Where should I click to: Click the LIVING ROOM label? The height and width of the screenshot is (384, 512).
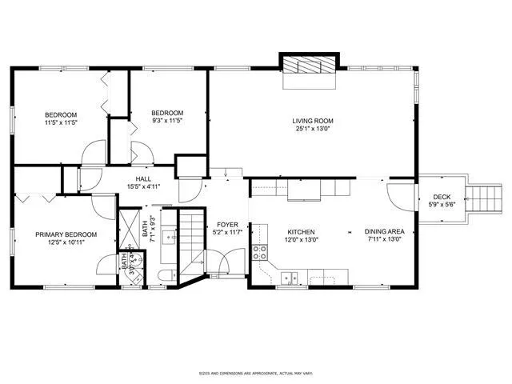pos(312,120)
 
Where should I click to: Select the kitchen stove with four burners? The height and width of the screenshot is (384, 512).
pos(260,253)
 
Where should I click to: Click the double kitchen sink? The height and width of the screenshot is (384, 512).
pos(289,278)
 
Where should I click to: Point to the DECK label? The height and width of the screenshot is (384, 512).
pos(442,197)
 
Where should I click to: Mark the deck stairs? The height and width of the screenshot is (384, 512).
pos(482,197)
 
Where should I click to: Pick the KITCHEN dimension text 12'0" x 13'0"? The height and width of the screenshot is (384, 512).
pos(301,239)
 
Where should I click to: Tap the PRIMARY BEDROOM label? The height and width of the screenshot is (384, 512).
pos(66,234)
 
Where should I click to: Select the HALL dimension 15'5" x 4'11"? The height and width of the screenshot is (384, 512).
pos(143,186)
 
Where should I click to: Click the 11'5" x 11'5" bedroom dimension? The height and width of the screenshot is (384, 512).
pos(59,122)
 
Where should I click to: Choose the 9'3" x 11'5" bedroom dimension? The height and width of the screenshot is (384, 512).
pos(168,121)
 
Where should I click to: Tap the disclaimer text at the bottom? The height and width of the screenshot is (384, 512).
pos(256,373)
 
